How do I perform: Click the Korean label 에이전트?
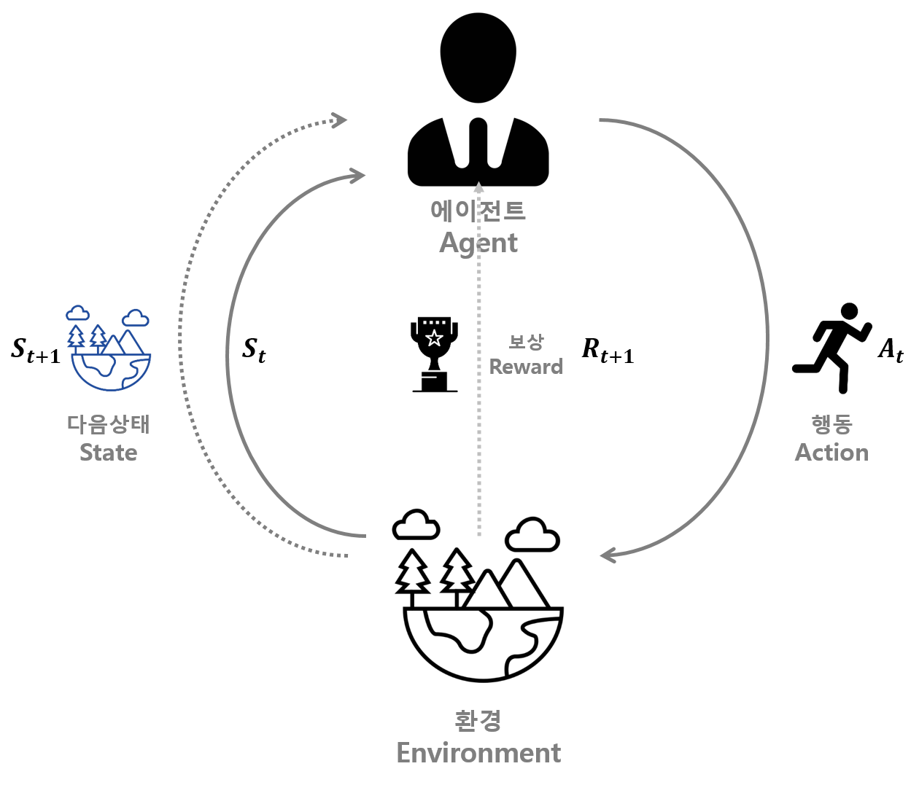click(478, 211)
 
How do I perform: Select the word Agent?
click(478, 243)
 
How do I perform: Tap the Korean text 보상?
click(526, 341)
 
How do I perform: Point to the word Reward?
click(526, 367)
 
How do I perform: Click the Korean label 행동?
click(831, 423)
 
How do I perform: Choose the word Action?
click(831, 453)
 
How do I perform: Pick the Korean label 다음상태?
click(108, 423)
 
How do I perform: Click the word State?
click(108, 453)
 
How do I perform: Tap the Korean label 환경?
click(478, 720)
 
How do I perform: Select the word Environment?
click(478, 753)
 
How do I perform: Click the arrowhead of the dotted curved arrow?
click(340, 120)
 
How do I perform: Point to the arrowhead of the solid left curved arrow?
click(357, 176)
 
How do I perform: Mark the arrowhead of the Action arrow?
click(608, 555)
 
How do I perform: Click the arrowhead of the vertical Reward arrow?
click(478, 187)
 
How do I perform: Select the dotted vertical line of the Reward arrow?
click(479, 437)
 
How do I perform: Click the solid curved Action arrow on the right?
click(767, 335)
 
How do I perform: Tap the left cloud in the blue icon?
click(77, 313)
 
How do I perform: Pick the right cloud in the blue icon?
click(135, 318)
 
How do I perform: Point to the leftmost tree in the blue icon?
click(76, 337)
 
